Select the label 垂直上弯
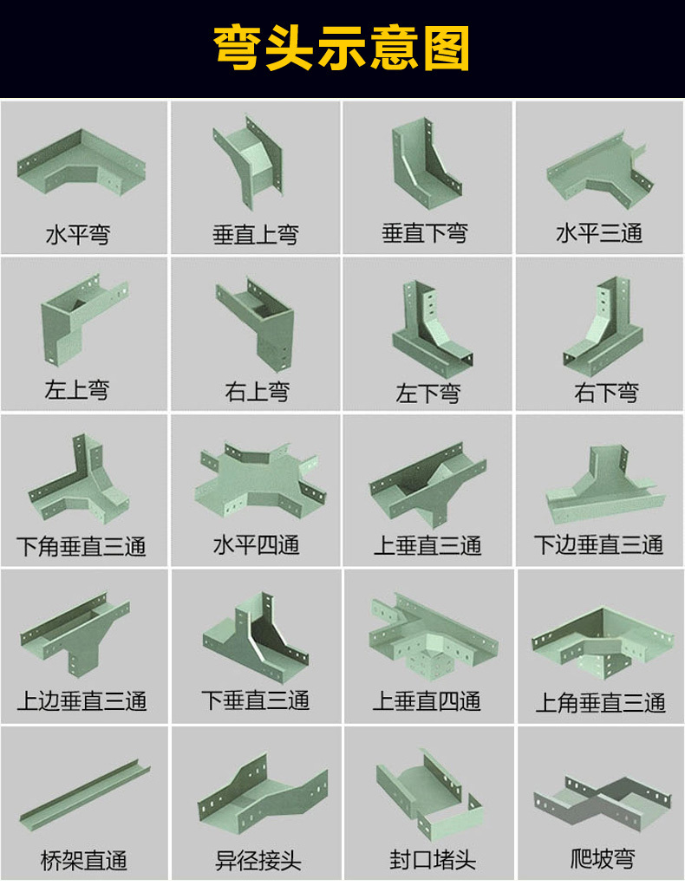click(x=256, y=234)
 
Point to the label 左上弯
click(x=77, y=389)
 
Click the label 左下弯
click(x=427, y=393)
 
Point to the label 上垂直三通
click(x=427, y=546)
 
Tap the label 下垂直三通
click(x=256, y=700)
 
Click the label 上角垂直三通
click(x=600, y=701)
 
